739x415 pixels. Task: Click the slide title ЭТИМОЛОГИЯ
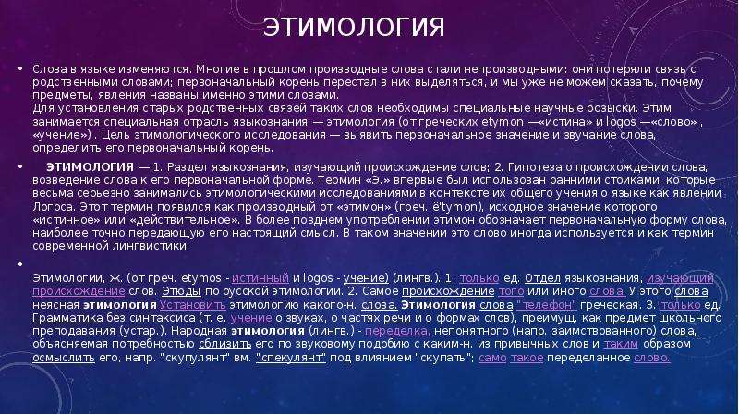click(x=354, y=28)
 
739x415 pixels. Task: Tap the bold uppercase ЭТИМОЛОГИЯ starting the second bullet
click(x=90, y=167)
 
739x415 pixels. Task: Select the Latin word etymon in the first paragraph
click(x=503, y=122)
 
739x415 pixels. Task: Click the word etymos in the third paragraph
click(x=201, y=278)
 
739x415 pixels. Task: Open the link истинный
click(x=260, y=278)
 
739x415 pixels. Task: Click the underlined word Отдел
click(x=542, y=278)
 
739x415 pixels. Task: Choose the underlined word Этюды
click(x=181, y=291)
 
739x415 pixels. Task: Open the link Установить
click(x=192, y=305)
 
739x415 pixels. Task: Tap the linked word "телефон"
click(x=546, y=305)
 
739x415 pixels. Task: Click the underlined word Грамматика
click(x=67, y=318)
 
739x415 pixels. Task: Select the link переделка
click(x=398, y=331)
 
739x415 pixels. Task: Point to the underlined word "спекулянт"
click(x=291, y=358)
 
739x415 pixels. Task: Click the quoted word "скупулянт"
click(x=195, y=358)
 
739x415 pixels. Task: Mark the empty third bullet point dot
click(x=20, y=264)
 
